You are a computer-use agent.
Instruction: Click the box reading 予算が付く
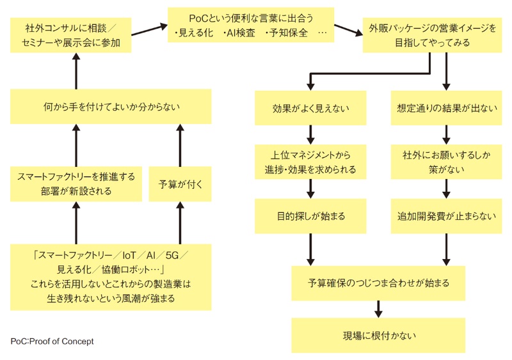coord(180,184)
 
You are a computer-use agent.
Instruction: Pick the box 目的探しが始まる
coord(310,216)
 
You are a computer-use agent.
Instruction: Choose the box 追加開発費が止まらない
coord(445,216)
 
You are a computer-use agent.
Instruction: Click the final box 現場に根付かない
coord(378,335)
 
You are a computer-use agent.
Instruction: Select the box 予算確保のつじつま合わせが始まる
coord(378,283)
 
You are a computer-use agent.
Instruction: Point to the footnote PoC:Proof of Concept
coord(52,341)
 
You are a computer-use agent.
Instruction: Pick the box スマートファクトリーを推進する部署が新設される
coord(76,184)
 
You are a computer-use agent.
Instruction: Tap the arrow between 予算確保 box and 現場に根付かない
coord(378,309)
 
